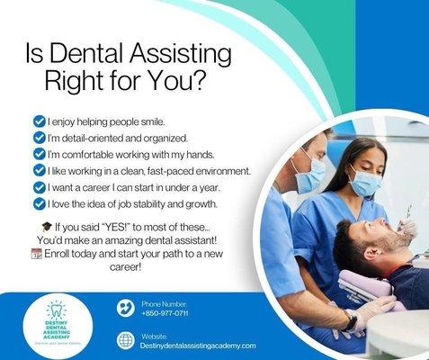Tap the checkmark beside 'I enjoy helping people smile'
tap(38, 121)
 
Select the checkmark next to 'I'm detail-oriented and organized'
tap(38, 138)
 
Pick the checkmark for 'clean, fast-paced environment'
tap(38, 171)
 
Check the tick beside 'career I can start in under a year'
tap(38, 187)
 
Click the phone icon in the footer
tap(126, 308)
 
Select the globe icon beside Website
tap(126, 340)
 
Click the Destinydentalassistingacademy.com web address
tap(199, 346)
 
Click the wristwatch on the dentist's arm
tap(349, 320)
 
